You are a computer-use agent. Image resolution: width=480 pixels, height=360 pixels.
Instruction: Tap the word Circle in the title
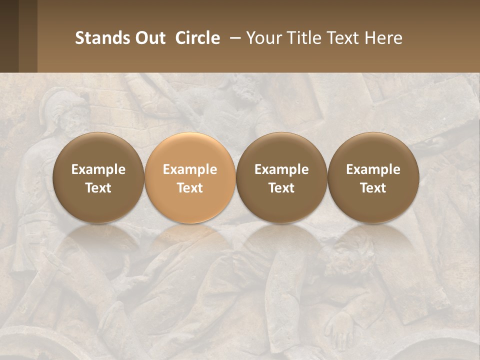tap(197, 38)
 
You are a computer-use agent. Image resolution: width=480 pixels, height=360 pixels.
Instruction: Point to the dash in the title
tap(233, 38)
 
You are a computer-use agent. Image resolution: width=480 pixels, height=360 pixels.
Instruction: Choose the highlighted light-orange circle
tap(190, 177)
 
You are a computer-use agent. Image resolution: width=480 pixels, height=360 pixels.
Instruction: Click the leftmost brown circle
tap(98, 177)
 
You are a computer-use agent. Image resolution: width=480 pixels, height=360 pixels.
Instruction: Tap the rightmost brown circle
tap(373, 177)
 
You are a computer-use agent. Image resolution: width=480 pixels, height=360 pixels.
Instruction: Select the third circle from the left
tap(281, 177)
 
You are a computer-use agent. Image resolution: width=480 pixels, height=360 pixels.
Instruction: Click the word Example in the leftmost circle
tap(98, 169)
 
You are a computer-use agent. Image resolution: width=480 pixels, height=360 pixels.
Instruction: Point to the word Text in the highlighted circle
tap(190, 188)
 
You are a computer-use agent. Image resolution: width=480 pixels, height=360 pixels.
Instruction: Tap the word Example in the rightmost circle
tap(373, 169)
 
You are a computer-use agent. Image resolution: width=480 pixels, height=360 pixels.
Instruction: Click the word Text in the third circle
tap(281, 188)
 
